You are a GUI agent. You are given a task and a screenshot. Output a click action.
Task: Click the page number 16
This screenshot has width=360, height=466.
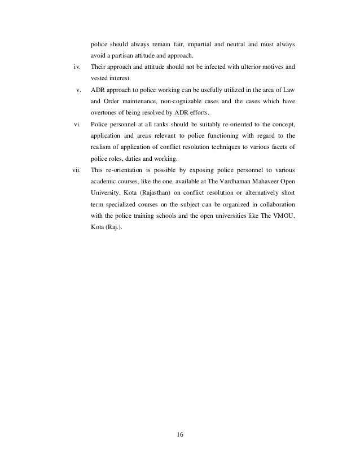tap(180, 434)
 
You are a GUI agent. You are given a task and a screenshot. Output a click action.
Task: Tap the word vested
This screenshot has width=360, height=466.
tap(99, 79)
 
